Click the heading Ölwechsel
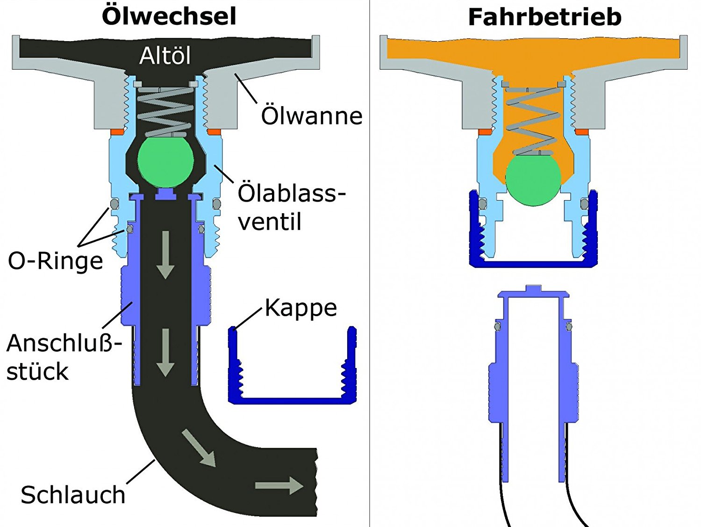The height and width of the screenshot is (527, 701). pos(169,16)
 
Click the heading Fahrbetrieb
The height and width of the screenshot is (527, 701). pos(544,17)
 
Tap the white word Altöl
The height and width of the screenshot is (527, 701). pos(165,56)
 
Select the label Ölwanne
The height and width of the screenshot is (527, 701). pos(311,116)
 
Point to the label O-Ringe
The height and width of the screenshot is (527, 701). pos(55,260)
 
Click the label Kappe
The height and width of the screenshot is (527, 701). pos(301,308)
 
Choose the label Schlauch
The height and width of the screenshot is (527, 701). pos(73,495)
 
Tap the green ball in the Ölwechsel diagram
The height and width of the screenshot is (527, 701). pos(165,160)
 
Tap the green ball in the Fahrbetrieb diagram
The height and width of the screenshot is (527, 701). pos(533,179)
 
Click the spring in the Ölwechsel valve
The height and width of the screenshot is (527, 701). pos(165,111)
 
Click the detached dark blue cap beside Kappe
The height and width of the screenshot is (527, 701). pos(292,397)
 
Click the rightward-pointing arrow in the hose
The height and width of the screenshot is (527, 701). pos(279,485)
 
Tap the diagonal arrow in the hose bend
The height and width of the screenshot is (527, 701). pos(199,448)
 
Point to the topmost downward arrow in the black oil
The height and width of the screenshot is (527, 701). pos(165,255)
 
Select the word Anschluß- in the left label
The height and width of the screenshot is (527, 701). pos(64,343)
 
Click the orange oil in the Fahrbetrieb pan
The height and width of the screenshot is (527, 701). pos(533,51)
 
